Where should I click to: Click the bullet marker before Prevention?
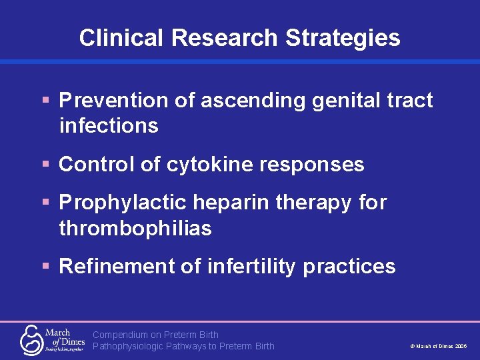(46, 101)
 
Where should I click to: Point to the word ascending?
(252, 101)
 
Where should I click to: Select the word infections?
(109, 125)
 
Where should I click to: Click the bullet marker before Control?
(46, 164)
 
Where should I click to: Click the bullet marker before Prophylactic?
(46, 202)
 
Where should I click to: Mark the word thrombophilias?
(135, 228)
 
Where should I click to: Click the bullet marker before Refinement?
(46, 267)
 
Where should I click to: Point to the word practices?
(349, 267)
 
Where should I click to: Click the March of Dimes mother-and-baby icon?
(31, 339)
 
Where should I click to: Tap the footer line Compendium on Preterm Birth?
(155, 335)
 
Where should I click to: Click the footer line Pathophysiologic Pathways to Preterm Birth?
(183, 346)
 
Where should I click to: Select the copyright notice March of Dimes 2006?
(438, 347)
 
